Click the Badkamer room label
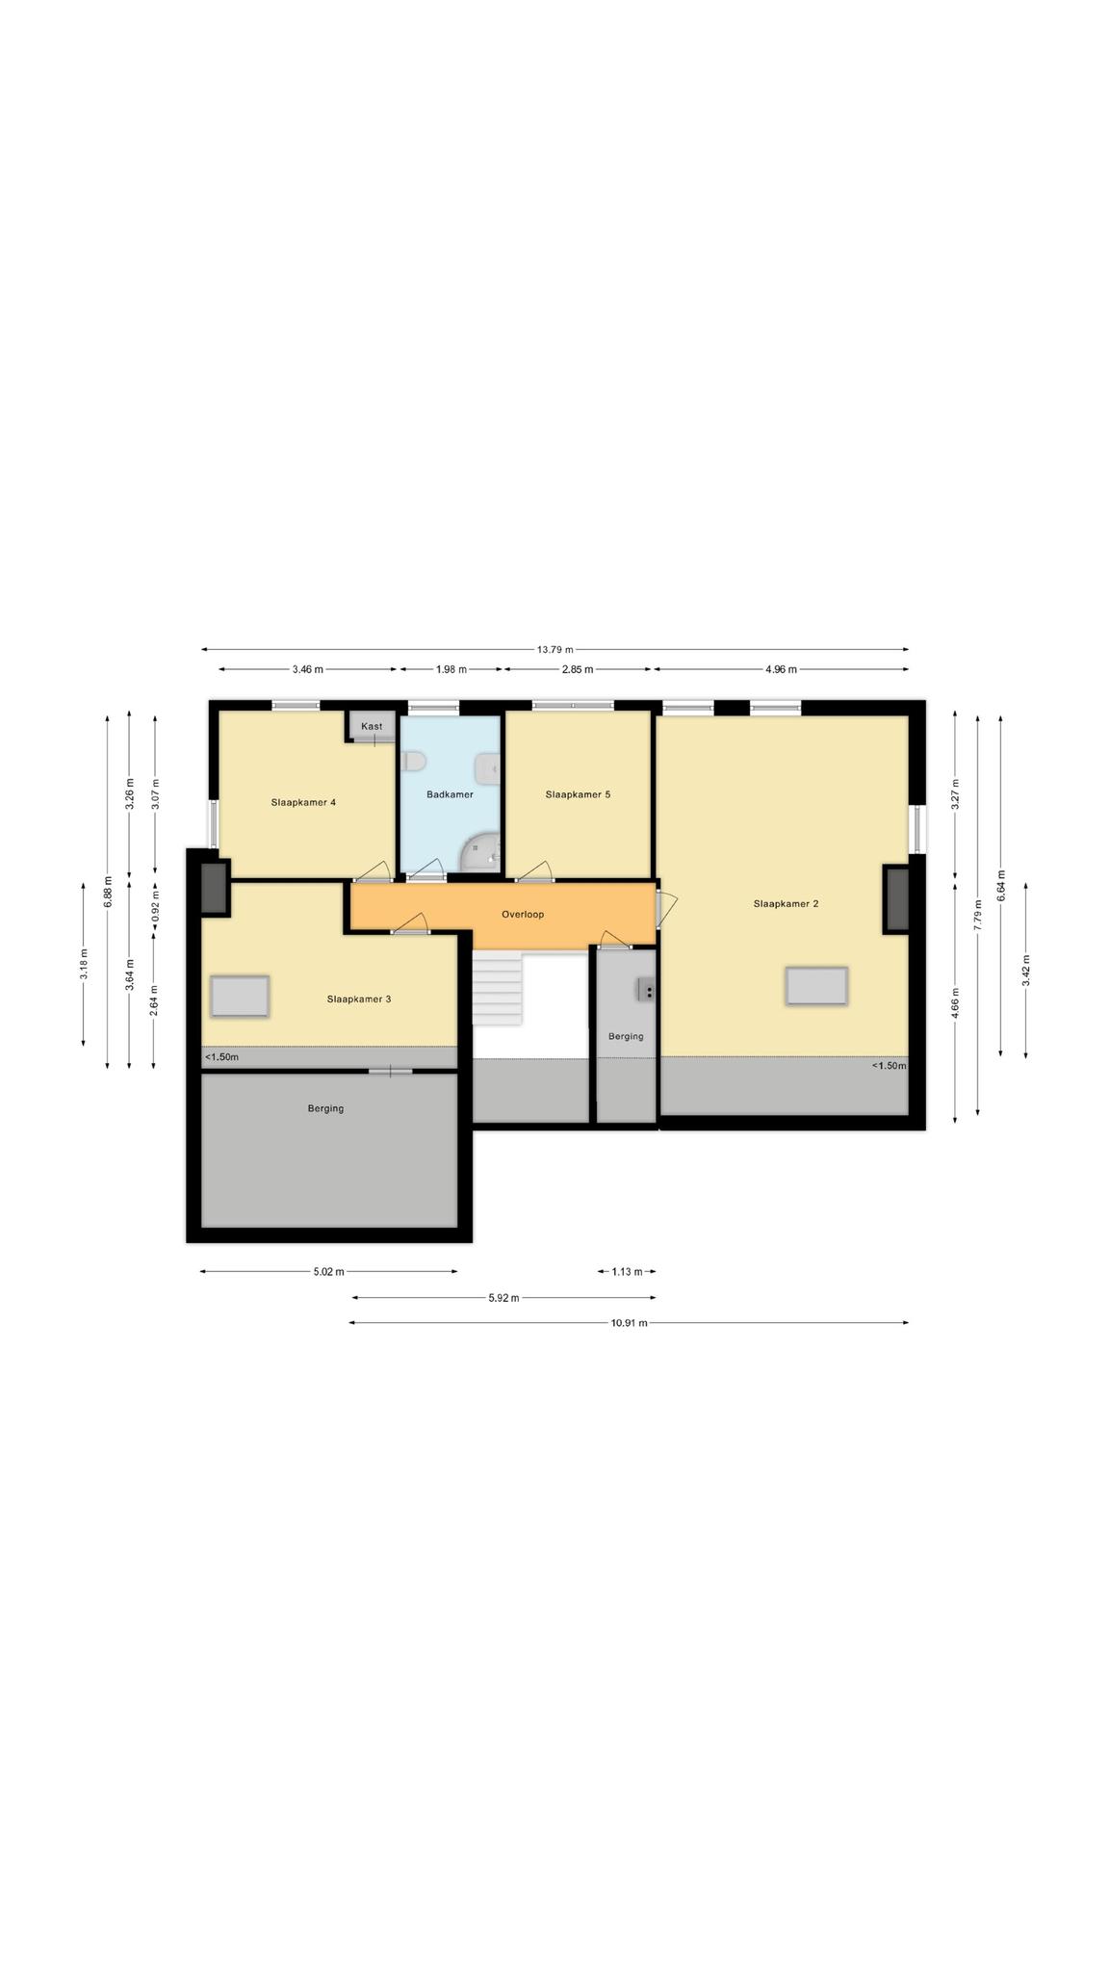tap(450, 794)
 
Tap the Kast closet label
tap(372, 726)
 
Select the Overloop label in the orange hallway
tap(523, 914)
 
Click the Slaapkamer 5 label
tap(578, 794)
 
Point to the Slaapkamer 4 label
tap(303, 802)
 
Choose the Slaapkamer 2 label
tap(786, 903)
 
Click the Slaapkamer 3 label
tap(359, 999)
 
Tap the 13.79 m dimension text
tap(555, 650)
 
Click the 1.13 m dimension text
tap(627, 1272)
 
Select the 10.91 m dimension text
tap(630, 1323)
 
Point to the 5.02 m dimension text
tap(329, 1272)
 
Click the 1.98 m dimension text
tap(451, 669)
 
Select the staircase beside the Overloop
tap(497, 989)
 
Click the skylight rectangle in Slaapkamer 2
tap(816, 987)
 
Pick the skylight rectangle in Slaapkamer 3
tap(240, 996)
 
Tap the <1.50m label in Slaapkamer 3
tap(221, 1057)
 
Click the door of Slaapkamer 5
tap(534, 871)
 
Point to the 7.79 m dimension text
tap(978, 912)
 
